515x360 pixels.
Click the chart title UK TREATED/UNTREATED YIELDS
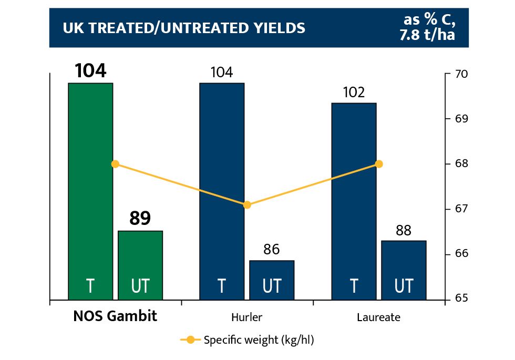(x=184, y=28)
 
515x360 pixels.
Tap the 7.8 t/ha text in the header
(x=426, y=35)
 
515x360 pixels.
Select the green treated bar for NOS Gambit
(x=90, y=189)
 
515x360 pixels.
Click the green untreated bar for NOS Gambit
(x=140, y=263)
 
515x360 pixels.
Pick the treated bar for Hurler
(x=222, y=189)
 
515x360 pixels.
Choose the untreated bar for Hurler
(x=271, y=279)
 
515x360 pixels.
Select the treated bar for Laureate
(x=354, y=200)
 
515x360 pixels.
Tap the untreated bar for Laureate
(x=404, y=269)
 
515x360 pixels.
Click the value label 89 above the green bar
(x=140, y=218)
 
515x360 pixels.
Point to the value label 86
(x=271, y=249)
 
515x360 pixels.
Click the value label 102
(x=354, y=92)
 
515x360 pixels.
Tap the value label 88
(x=404, y=230)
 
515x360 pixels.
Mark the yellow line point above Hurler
(x=247, y=205)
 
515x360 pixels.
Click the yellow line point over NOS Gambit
(x=116, y=164)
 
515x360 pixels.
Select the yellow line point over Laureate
(x=379, y=164)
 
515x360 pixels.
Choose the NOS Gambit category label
(x=115, y=317)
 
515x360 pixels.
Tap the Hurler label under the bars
(x=246, y=317)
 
